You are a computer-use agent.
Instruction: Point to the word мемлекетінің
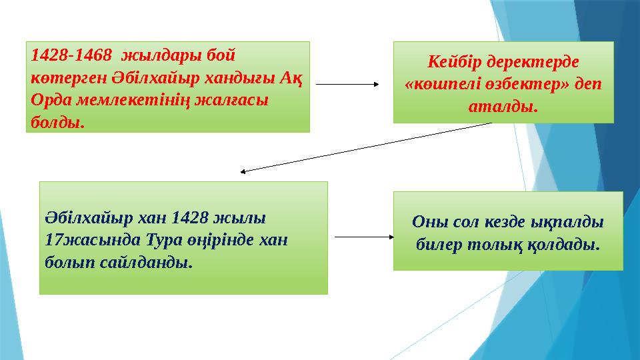(x=131, y=100)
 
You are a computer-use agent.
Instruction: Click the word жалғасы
(x=234, y=100)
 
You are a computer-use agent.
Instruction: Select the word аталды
(x=503, y=107)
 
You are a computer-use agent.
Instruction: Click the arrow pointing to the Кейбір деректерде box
(x=347, y=85)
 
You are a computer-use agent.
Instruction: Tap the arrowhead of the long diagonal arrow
(x=245, y=171)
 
